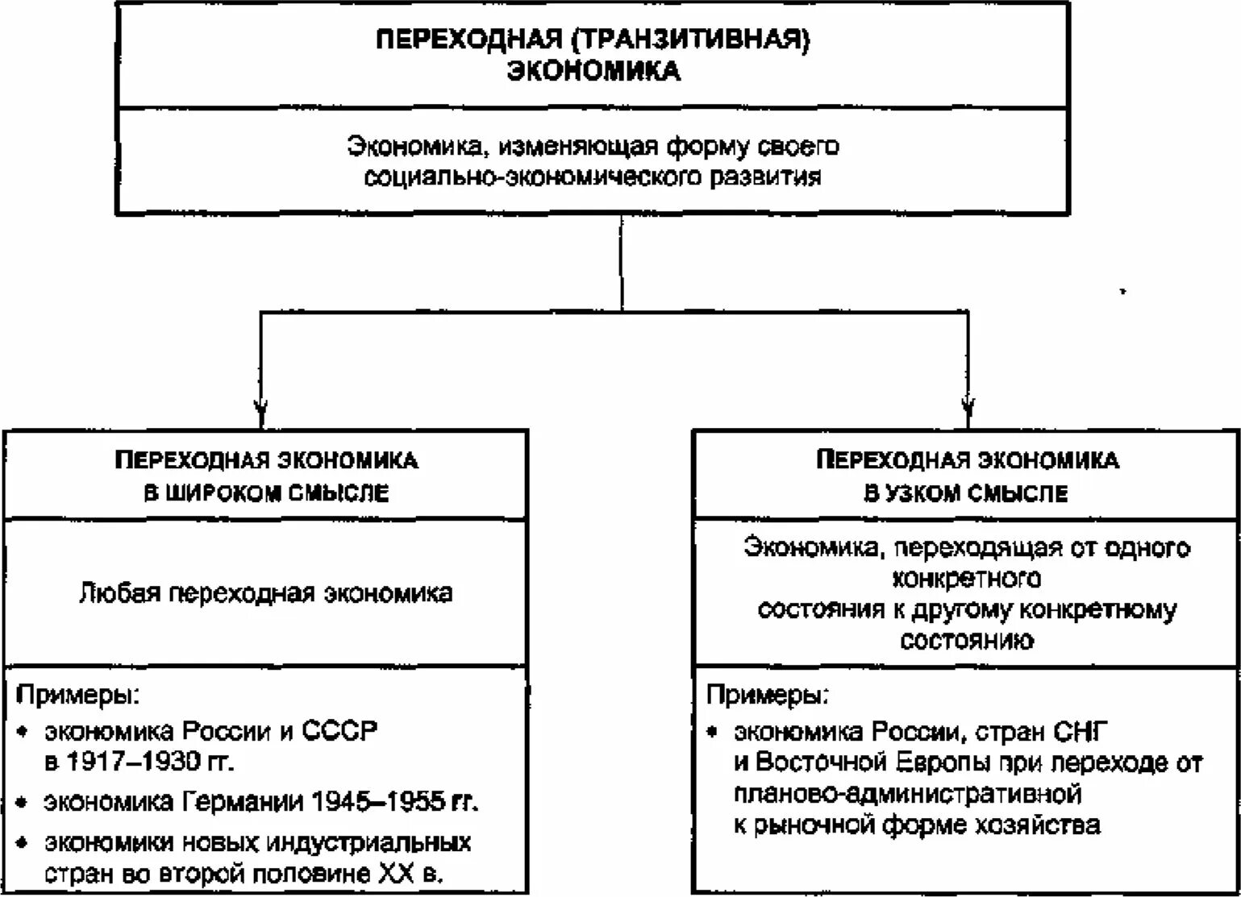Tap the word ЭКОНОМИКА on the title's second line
(593, 72)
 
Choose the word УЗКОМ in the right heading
(924, 492)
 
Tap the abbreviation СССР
(339, 732)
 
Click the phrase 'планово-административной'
(907, 794)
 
